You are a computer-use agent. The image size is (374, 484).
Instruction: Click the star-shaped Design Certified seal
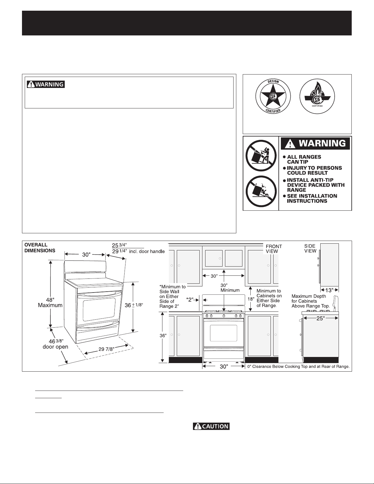coord(273,96)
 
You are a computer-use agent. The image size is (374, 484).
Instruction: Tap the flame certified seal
coord(317,96)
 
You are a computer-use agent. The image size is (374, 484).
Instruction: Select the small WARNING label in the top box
coord(46,84)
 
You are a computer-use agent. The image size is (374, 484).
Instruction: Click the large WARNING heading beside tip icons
coord(315,144)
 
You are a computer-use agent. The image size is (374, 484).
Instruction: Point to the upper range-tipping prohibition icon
coord(261,155)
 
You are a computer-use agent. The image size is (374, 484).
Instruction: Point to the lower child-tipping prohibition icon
coord(261,191)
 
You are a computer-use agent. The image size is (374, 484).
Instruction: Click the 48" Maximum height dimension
coord(50,303)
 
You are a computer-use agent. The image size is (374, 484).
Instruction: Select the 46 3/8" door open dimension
coord(56,344)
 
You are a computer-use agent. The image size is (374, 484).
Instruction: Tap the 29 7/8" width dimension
coord(106,349)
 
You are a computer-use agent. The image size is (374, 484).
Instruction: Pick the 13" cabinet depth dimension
coord(329,290)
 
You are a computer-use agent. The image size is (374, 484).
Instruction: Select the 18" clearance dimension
coord(251,299)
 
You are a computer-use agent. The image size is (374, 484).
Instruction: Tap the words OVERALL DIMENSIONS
coord(40,248)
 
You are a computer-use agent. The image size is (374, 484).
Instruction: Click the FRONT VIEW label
coord(274,249)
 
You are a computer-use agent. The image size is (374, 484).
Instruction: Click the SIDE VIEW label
coord(310,248)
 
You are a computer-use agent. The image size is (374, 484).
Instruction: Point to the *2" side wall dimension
coord(190,300)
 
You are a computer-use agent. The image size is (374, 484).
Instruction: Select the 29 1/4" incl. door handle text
coord(138,251)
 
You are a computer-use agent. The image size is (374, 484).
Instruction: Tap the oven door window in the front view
coord(223,333)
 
